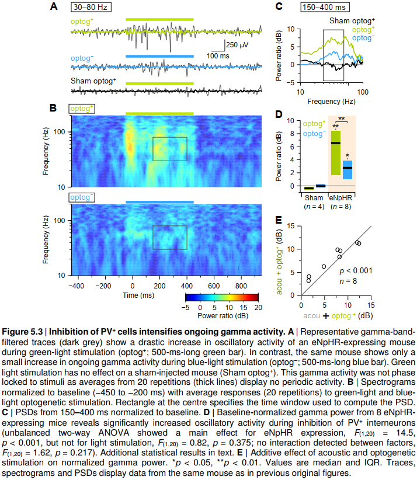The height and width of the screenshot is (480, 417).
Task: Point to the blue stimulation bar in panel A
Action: pos(159,56)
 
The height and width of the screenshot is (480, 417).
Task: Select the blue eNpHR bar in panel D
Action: pos(347,169)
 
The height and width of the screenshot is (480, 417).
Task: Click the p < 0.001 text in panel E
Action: pos(355,271)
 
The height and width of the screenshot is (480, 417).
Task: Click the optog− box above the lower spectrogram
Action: pos(82,197)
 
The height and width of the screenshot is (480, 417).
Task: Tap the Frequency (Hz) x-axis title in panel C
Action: pos(332,101)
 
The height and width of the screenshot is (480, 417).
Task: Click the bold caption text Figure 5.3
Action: pos(28,331)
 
